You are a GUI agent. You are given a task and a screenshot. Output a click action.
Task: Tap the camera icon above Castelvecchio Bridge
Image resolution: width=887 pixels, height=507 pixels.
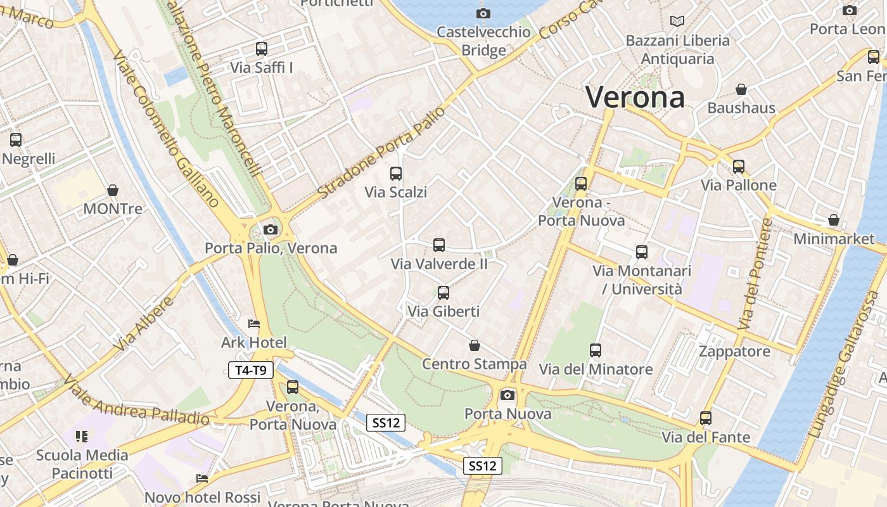[x=483, y=13]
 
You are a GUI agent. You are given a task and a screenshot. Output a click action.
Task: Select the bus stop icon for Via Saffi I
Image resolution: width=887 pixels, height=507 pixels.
[x=261, y=48]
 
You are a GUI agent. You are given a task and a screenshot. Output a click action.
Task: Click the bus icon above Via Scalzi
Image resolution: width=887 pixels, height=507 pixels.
[x=396, y=173]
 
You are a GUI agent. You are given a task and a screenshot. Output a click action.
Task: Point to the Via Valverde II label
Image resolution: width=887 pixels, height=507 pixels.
[x=439, y=264]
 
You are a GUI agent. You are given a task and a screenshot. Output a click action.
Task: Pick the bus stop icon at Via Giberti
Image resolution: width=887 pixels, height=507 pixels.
[x=443, y=293]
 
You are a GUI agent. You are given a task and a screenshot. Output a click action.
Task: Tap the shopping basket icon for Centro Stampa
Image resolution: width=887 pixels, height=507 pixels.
[x=474, y=345]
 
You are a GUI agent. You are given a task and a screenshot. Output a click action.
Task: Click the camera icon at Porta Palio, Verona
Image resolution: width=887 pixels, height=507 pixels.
[x=271, y=229]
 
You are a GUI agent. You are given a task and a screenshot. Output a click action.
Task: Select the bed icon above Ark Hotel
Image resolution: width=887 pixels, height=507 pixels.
[x=253, y=324]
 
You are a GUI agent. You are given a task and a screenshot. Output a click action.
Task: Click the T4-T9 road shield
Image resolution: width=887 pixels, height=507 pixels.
[x=251, y=371]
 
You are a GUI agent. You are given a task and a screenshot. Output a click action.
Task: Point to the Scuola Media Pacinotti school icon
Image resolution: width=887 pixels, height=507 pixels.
[x=82, y=436]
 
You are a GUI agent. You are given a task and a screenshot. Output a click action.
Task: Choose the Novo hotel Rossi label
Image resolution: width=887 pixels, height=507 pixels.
[x=202, y=497]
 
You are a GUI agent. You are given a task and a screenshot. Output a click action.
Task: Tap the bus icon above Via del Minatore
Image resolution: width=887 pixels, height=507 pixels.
[x=596, y=350]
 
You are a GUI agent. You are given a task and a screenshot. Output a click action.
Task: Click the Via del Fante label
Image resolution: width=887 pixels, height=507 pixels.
[x=706, y=437]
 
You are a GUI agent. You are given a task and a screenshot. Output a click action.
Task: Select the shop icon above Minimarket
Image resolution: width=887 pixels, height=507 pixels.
[x=834, y=220]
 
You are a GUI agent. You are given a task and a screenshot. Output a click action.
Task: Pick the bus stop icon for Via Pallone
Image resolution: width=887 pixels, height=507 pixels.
[x=739, y=167]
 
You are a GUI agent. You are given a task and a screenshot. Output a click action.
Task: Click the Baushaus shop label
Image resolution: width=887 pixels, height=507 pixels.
[x=741, y=108]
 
